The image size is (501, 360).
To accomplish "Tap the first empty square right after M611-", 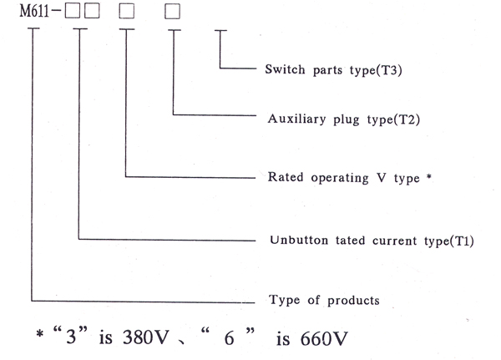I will pyautogui.click(x=73, y=12).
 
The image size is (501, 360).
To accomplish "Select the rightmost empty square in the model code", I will pyautogui.click(x=172, y=12).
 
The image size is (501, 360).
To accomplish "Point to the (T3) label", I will pyautogui.click(x=387, y=70).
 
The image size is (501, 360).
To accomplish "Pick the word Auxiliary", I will pyautogui.click(x=295, y=119).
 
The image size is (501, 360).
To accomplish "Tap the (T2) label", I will pyautogui.click(x=403, y=119).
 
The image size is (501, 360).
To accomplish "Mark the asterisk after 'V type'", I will pyautogui.click(x=428, y=175).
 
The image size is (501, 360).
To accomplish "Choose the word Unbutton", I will pyautogui.click(x=293, y=241).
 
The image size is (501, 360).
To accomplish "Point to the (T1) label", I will pyautogui.click(x=458, y=241).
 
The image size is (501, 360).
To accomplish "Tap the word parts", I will pyautogui.click(x=332, y=71).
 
